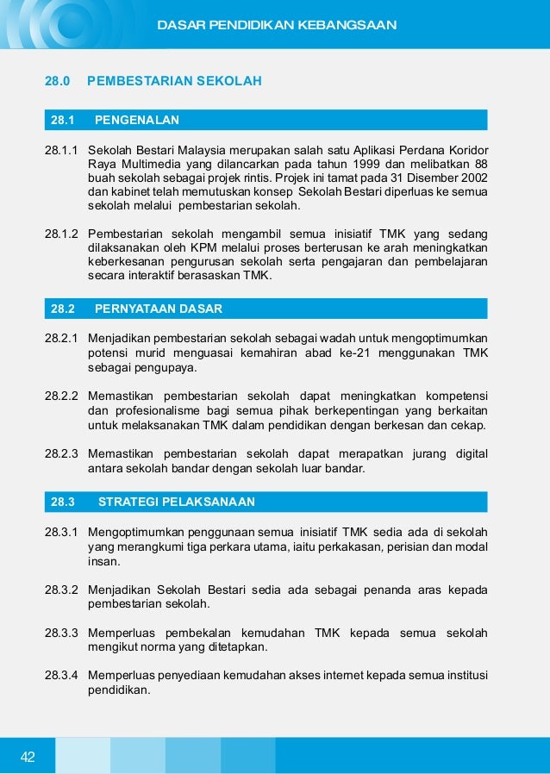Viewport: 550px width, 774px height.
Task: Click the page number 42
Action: click(x=28, y=757)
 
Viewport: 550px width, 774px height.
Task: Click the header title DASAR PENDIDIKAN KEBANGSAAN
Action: click(x=277, y=25)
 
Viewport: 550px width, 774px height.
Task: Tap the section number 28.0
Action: click(x=57, y=82)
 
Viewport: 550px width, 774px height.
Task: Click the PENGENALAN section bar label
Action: click(x=137, y=119)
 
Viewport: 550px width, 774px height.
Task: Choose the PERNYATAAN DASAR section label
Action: click(x=158, y=308)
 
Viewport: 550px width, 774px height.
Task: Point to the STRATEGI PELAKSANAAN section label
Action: click(x=177, y=501)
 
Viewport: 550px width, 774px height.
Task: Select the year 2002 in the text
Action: click(x=472, y=178)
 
